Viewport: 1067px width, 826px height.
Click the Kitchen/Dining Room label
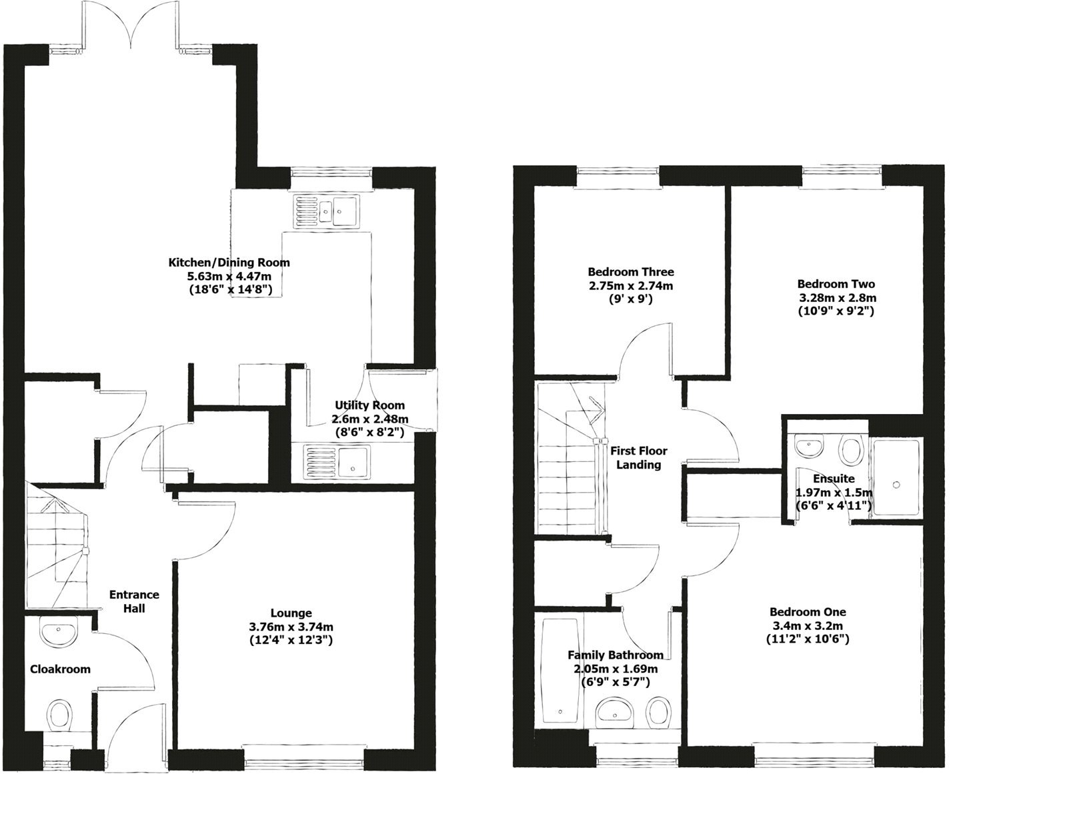(229, 263)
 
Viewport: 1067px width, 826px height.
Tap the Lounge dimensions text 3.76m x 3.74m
(291, 627)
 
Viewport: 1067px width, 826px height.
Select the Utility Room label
(369, 405)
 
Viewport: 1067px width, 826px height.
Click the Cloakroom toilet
(59, 715)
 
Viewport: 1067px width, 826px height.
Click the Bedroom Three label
(630, 272)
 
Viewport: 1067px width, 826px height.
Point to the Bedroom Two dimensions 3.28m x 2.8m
(837, 297)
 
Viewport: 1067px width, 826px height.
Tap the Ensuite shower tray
(896, 477)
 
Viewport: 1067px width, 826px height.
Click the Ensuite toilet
(852, 450)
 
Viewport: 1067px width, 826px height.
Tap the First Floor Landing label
(638, 457)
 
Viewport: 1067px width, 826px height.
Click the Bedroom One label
(807, 612)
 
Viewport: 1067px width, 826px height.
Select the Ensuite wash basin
(810, 446)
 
